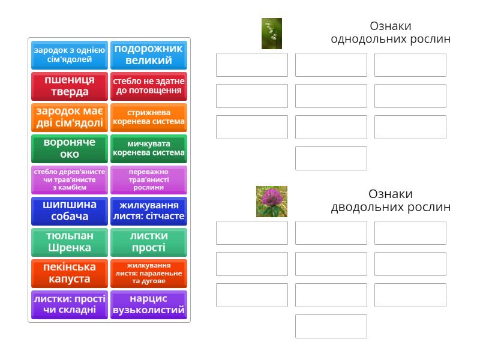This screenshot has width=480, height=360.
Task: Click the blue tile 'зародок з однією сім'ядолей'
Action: pyautogui.click(x=70, y=55)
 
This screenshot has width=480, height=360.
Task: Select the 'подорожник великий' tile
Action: pyautogui.click(x=149, y=55)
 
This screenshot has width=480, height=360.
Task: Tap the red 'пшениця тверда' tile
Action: pyautogui.click(x=70, y=86)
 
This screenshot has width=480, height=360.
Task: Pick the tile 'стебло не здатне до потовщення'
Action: pyautogui.click(x=149, y=86)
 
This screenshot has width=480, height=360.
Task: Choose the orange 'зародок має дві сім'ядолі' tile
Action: pyautogui.click(x=70, y=118)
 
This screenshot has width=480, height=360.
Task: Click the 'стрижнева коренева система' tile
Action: pyautogui.click(x=149, y=118)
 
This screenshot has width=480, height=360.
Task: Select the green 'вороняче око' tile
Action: pyautogui.click(x=70, y=149)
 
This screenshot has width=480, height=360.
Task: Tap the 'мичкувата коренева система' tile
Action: pyautogui.click(x=149, y=149)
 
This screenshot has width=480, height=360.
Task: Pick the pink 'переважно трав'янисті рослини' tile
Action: pyautogui.click(x=149, y=180)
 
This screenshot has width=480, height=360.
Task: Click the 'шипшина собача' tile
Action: pyautogui.click(x=70, y=211)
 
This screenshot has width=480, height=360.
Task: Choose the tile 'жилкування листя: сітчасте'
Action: pyautogui.click(x=149, y=211)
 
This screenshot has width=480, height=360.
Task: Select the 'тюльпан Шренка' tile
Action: pyautogui.click(x=70, y=242)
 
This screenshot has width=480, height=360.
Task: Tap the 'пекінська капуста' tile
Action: pyautogui.click(x=70, y=274)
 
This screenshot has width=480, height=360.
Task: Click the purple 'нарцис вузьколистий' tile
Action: pyautogui.click(x=149, y=305)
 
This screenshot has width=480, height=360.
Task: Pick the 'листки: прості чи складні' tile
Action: pyautogui.click(x=70, y=305)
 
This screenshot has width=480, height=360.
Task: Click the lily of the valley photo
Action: pyautogui.click(x=272, y=34)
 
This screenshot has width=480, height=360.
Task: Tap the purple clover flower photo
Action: pyautogui.click(x=272, y=202)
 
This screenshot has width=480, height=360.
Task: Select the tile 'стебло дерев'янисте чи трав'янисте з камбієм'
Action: pyautogui.click(x=70, y=180)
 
